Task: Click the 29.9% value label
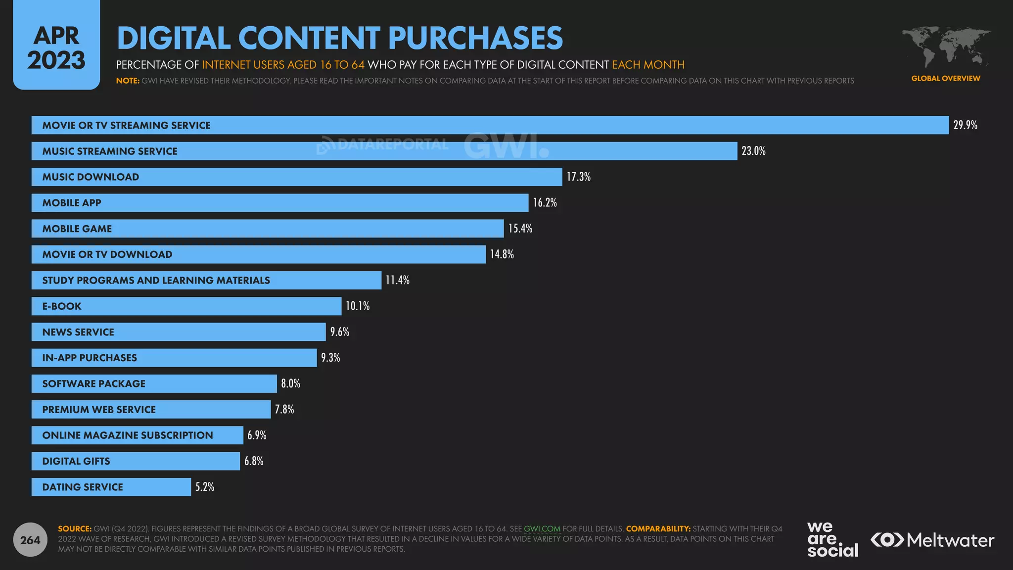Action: (965, 125)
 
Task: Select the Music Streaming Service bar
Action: (384, 151)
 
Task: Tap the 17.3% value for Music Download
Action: (578, 177)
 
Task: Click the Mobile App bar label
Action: (72, 203)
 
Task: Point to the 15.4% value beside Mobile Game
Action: (520, 229)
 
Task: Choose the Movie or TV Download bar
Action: (258, 255)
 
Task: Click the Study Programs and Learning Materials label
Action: (156, 281)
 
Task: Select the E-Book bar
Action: (186, 306)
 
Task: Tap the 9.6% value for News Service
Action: (339, 332)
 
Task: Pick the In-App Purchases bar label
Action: (90, 358)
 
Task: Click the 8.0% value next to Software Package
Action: (290, 383)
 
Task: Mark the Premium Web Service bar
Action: (151, 410)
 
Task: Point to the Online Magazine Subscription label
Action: (128, 435)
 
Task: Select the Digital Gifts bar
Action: (136, 461)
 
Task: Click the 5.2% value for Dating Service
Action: (204, 487)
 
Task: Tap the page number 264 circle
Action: (30, 540)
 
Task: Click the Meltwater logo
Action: (932, 540)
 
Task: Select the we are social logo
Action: (832, 539)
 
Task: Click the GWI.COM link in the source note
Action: (542, 529)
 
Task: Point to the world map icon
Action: (945, 47)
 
